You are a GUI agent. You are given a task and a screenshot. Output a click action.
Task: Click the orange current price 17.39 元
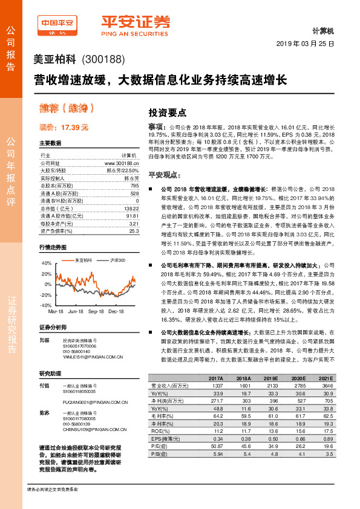pyautogui.click(x=64, y=128)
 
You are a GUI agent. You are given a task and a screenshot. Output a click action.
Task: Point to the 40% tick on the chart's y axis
pyautogui.click(x=46, y=264)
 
